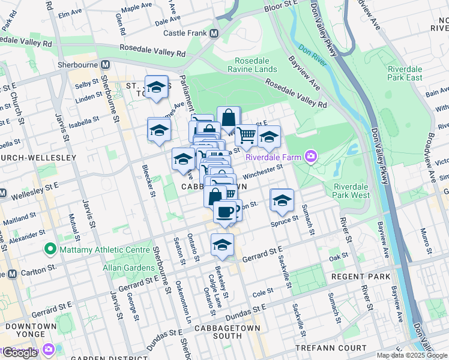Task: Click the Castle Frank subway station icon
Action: pos(214,34)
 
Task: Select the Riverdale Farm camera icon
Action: pos(311,157)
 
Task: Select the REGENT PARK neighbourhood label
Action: pos(360,277)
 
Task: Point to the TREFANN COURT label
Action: pos(331,348)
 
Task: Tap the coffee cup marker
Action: pos(225,212)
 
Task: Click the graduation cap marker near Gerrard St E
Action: pos(221,244)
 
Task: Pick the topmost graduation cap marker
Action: pos(157,88)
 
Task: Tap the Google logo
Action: pos(20,353)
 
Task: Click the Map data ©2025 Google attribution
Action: pos(412,355)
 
